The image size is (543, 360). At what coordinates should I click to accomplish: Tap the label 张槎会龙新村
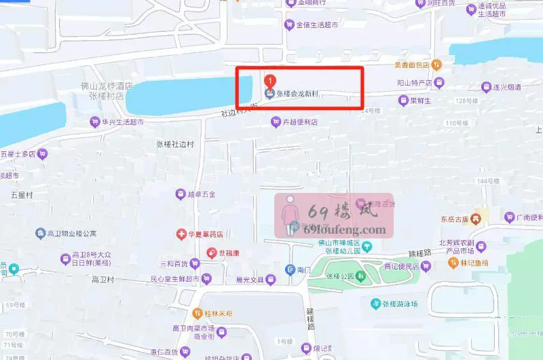(297, 94)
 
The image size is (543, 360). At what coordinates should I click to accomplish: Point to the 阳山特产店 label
(415, 83)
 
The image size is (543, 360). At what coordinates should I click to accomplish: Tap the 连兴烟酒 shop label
(507, 87)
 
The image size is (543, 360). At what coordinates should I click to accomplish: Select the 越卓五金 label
(202, 194)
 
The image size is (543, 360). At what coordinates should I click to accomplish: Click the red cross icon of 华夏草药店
(181, 235)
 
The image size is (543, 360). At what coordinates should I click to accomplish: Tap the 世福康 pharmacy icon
(212, 253)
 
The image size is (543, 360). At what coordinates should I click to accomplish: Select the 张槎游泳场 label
(405, 304)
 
